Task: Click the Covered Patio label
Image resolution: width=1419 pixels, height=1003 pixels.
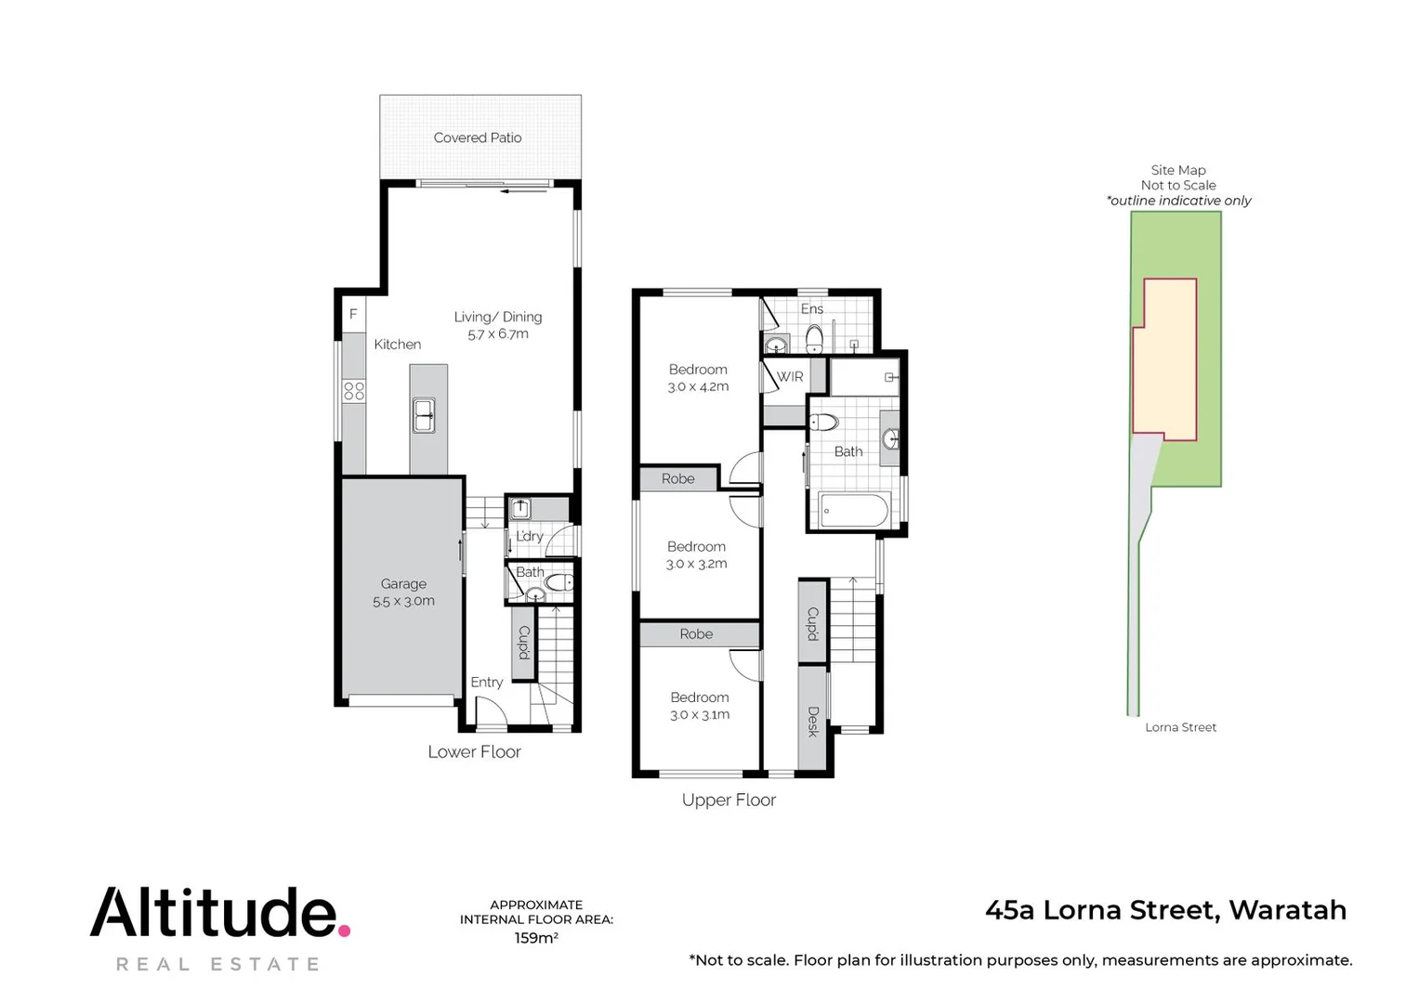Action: click(x=478, y=137)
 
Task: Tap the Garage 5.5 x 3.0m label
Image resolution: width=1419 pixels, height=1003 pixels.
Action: click(x=403, y=593)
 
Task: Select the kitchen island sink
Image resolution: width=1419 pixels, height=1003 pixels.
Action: click(x=424, y=415)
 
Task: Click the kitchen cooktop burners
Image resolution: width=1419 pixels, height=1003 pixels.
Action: click(x=354, y=390)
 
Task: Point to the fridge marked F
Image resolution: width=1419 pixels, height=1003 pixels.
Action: click(x=353, y=314)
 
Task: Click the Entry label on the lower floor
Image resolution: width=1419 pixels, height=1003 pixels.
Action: click(x=486, y=682)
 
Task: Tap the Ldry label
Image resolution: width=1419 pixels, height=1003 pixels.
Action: click(x=529, y=536)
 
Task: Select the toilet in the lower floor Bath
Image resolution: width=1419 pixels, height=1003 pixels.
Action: click(x=559, y=582)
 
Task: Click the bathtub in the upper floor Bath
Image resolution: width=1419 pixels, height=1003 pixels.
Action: click(x=854, y=510)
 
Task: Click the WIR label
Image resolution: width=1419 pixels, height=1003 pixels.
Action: click(x=790, y=377)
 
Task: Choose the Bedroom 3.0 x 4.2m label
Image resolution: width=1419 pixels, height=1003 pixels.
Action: click(x=698, y=378)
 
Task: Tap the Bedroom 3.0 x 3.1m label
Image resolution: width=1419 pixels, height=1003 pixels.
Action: click(x=700, y=706)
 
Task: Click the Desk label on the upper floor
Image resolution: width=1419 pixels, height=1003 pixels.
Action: click(x=813, y=722)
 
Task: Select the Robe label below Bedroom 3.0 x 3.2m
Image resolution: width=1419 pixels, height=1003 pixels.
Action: click(x=696, y=634)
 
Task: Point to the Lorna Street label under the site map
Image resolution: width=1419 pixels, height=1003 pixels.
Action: click(x=1180, y=727)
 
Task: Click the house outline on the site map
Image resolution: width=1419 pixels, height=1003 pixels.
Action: click(x=1164, y=358)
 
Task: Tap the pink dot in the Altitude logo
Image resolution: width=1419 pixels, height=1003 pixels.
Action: click(x=344, y=929)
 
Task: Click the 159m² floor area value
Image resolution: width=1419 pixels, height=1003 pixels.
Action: click(x=536, y=938)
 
